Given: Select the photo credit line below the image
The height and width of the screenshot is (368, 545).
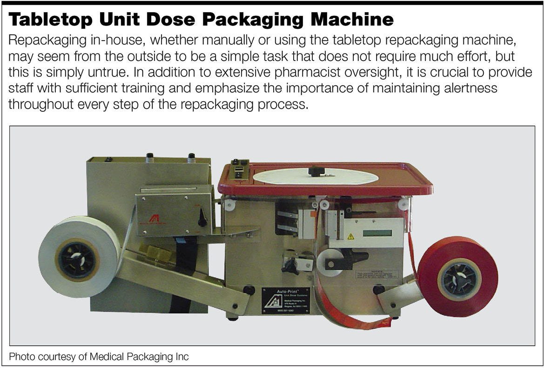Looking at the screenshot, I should tap(99, 357).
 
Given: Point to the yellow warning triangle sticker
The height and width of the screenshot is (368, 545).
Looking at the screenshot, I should tap(350, 237).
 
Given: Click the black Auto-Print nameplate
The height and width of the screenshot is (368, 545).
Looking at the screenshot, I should tap(279, 299).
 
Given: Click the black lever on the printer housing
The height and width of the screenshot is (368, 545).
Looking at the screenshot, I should tap(202, 218).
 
